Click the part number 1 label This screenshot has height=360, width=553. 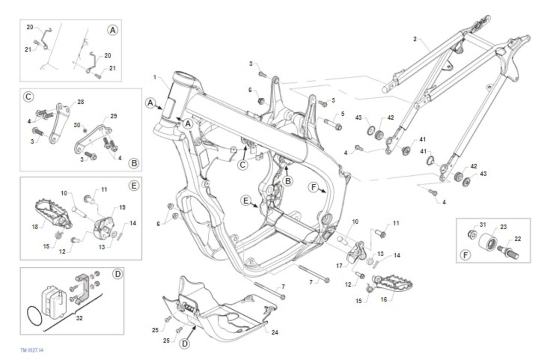[x=155, y=77]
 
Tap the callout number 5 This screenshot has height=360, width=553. [x=342, y=113]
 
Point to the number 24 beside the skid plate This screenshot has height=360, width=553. [x=275, y=332]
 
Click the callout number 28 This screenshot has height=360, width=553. [x=81, y=101]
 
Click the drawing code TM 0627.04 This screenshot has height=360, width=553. [x=32, y=350]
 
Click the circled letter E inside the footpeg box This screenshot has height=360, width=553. [x=134, y=186]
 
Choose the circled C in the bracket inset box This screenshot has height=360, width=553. [x=28, y=97]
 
